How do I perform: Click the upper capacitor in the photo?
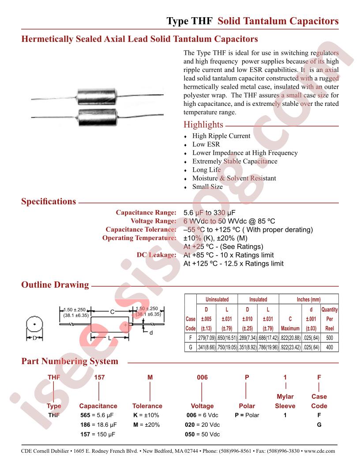click(x=97, y=96)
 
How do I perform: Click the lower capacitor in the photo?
click(x=97, y=116)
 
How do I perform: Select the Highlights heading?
click(x=203, y=124)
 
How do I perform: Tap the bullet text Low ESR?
click(x=206, y=144)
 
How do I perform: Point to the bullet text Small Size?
click(x=207, y=187)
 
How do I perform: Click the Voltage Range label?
click(x=154, y=221)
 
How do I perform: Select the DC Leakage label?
click(x=157, y=255)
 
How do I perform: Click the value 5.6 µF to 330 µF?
click(x=210, y=213)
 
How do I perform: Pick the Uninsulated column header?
click(x=217, y=299)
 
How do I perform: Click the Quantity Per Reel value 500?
click(x=330, y=338)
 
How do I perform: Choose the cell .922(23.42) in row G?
click(x=290, y=347)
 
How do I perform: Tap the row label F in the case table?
click(x=191, y=338)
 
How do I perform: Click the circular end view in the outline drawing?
click(x=34, y=324)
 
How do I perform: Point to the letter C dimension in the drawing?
click(x=112, y=312)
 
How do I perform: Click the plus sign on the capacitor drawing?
click(x=126, y=325)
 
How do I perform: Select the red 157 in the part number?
click(x=99, y=377)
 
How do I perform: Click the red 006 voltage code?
click(x=202, y=377)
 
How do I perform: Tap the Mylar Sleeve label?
click(x=285, y=401)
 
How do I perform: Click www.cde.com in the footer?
click(x=319, y=451)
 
